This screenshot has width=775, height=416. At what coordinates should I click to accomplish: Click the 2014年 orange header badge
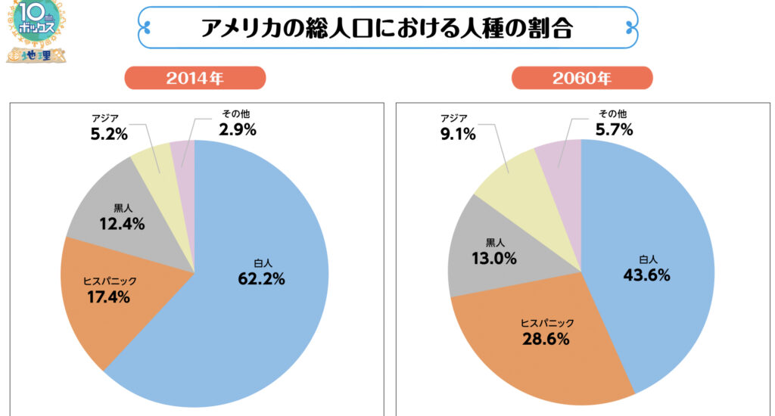(x=195, y=79)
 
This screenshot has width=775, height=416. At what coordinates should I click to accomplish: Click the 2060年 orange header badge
(x=582, y=79)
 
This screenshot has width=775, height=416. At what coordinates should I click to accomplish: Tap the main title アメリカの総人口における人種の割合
(x=387, y=28)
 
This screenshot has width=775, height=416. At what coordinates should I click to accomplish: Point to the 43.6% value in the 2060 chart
(x=646, y=275)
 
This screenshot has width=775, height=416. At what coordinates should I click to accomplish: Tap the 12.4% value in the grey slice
(x=122, y=224)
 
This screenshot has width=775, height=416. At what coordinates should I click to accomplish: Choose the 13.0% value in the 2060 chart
(x=495, y=259)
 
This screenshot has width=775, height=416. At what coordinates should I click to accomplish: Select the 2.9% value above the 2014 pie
(x=238, y=129)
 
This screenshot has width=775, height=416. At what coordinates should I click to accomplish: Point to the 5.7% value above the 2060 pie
(x=614, y=129)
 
